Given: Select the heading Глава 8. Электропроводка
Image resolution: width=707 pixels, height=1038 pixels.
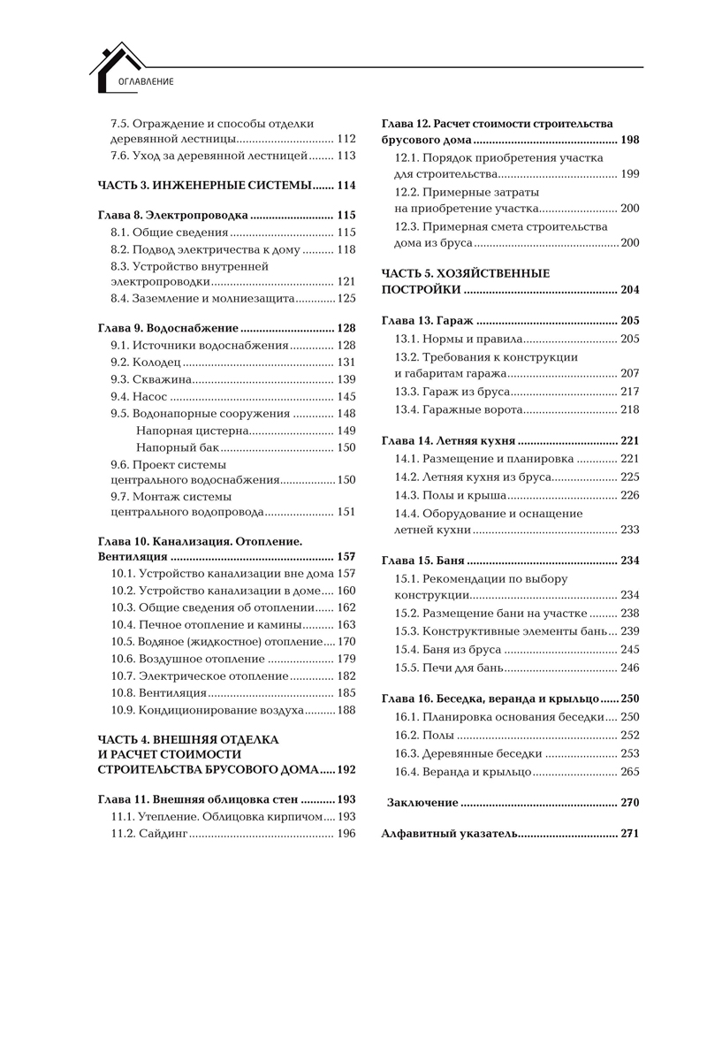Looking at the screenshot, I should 172,215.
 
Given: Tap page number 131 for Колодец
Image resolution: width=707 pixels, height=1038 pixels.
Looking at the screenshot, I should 346,363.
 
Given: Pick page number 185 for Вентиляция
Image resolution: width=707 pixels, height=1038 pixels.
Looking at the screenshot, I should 346,693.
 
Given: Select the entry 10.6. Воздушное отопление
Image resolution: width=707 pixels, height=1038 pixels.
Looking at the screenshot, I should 187,659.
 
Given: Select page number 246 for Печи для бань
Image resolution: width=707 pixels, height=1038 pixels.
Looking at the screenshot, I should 629,668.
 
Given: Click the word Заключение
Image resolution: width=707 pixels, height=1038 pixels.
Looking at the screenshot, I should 422,803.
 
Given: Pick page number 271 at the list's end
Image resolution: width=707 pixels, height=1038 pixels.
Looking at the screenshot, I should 629,834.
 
